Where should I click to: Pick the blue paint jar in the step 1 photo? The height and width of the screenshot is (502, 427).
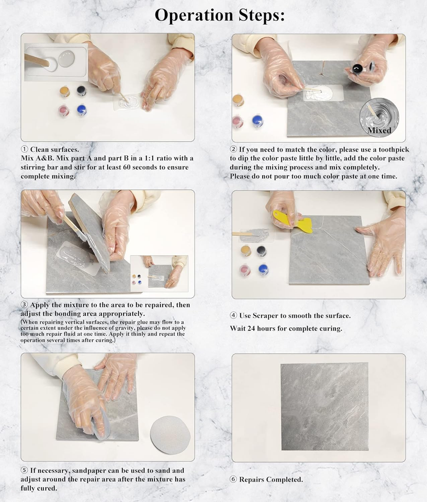pos(81,110)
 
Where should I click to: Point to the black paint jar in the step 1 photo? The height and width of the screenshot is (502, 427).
pos(81,91)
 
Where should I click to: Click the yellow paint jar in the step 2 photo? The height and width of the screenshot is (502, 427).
pos(238,100)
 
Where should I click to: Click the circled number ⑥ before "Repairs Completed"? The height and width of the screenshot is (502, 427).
pos(234,480)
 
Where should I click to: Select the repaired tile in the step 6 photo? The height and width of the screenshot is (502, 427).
pos(324,407)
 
